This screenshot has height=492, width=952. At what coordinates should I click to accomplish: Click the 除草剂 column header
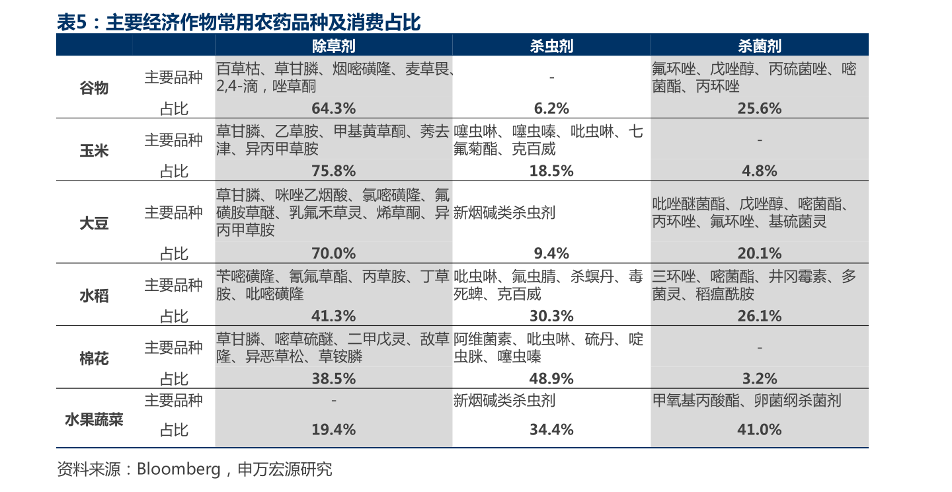click(x=333, y=46)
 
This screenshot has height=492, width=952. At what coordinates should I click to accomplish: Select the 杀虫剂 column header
click(x=551, y=46)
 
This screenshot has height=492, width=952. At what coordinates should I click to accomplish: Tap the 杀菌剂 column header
click(x=759, y=46)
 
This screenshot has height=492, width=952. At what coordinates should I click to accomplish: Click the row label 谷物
click(x=94, y=88)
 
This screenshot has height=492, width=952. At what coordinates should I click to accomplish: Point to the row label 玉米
click(x=94, y=151)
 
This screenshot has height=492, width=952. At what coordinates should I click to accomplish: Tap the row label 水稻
click(x=94, y=296)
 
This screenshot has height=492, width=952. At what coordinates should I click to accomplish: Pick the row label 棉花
click(x=94, y=358)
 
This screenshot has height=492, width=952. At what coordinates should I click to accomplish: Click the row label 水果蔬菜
click(x=94, y=419)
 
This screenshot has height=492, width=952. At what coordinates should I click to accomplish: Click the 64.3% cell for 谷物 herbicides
click(x=333, y=108)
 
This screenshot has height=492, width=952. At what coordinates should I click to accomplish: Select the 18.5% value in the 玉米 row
click(x=551, y=171)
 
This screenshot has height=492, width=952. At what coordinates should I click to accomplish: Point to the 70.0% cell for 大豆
click(x=333, y=253)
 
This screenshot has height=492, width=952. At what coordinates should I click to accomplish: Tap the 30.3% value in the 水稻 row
click(x=551, y=316)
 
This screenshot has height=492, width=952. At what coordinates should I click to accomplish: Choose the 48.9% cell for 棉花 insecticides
click(x=551, y=379)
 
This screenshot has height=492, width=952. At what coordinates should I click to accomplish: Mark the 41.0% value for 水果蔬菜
click(x=759, y=430)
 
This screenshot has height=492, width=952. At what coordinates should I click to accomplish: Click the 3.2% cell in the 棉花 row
click(x=759, y=379)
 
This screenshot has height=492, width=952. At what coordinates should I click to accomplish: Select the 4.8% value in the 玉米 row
click(x=759, y=171)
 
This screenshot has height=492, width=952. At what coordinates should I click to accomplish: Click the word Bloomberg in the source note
click(x=178, y=470)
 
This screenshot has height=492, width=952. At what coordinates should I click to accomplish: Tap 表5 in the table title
click(x=72, y=23)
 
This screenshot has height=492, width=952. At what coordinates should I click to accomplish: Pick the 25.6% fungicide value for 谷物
click(x=759, y=108)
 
